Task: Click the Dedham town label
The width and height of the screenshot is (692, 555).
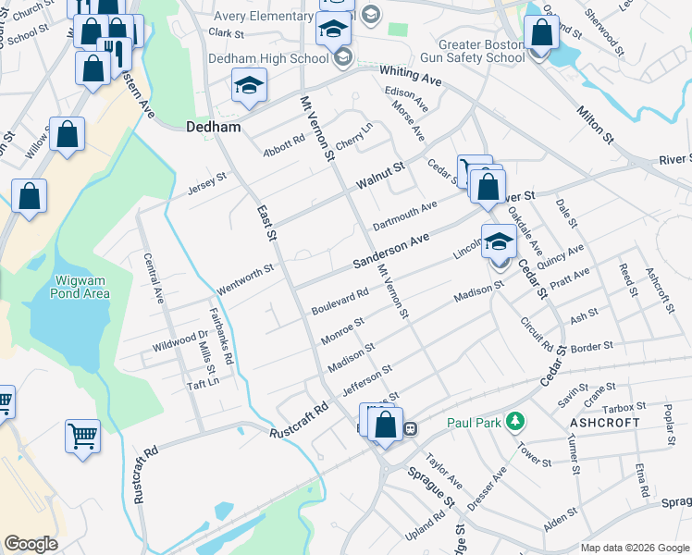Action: (214, 127)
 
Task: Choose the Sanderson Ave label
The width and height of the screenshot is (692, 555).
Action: (391, 252)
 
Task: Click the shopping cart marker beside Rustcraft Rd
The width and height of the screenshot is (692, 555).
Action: (81, 435)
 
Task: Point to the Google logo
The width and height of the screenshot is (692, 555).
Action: (31, 544)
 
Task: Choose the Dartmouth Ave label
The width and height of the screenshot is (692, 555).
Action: (404, 216)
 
